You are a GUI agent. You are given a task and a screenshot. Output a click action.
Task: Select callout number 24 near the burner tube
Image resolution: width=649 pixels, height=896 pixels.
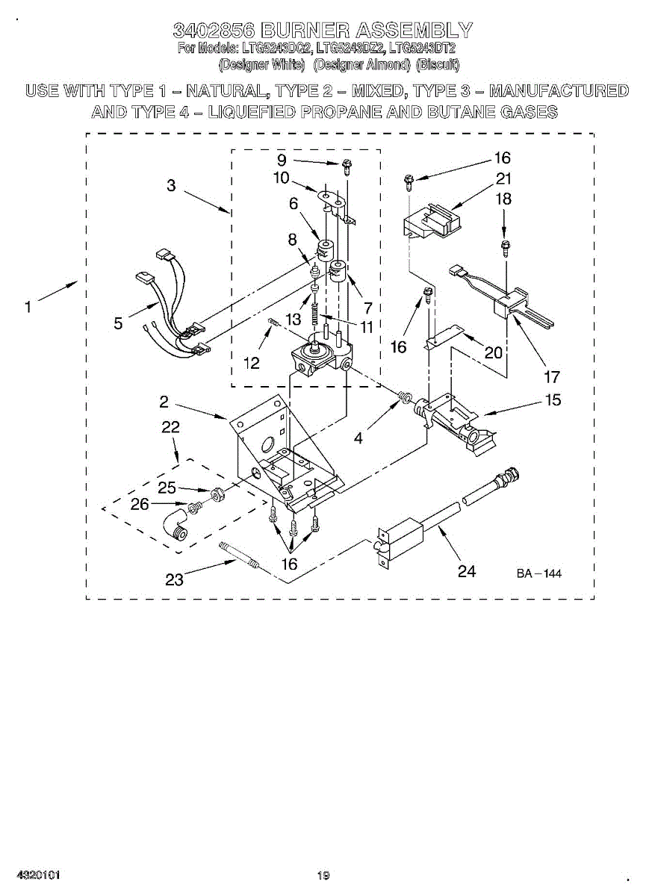(x=466, y=571)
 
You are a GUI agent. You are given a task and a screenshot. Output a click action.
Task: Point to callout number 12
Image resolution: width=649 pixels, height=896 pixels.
(x=252, y=363)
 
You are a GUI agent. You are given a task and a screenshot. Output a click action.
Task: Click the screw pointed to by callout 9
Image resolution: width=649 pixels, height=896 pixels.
(x=347, y=168)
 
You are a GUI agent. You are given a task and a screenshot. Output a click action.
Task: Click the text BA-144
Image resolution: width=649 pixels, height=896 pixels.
(x=538, y=573)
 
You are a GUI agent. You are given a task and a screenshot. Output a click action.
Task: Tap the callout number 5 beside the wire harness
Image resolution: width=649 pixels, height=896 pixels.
(x=119, y=323)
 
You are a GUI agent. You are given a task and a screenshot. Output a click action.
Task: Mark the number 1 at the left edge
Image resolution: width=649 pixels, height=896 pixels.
(x=28, y=306)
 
